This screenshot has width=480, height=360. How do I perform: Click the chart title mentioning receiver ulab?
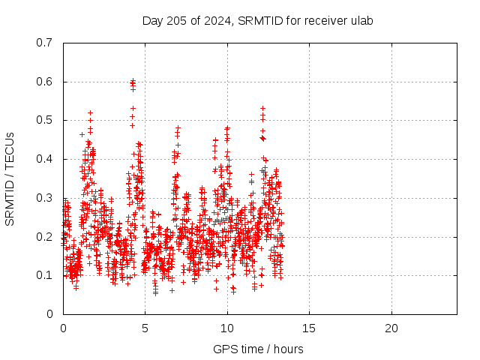click(x=257, y=21)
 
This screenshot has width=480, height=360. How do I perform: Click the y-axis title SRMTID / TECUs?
click(x=10, y=179)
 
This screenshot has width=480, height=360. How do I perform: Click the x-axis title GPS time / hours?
click(x=258, y=349)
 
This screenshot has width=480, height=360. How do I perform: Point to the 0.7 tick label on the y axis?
click(x=44, y=43)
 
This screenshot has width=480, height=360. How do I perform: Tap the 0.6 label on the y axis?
click(x=44, y=82)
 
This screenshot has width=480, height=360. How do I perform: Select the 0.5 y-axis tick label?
click(x=44, y=120)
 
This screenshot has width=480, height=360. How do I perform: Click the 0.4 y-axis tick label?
click(x=44, y=159)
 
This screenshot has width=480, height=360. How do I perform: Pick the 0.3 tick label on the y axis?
click(x=44, y=198)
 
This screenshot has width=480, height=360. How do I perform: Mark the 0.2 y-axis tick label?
click(x=44, y=237)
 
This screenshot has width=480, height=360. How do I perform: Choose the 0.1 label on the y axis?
click(x=44, y=275)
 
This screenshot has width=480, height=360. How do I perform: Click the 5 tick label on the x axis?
click(x=145, y=328)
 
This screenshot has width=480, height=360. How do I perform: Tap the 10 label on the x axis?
click(x=227, y=328)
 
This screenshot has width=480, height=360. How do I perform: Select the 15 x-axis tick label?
click(x=309, y=328)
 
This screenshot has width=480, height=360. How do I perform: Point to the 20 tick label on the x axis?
click(x=391, y=328)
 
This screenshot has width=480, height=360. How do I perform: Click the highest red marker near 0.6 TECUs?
click(x=133, y=80)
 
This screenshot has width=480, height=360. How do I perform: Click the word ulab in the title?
click(x=362, y=21)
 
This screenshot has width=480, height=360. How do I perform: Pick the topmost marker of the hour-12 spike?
click(x=262, y=108)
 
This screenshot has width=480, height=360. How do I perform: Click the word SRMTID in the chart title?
click(x=260, y=21)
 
